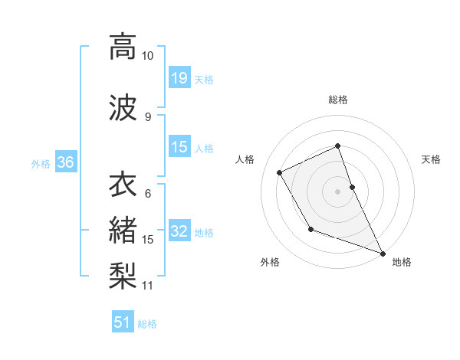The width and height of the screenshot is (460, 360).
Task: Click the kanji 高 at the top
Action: click(123, 47)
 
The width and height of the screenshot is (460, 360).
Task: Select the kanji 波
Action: click(123, 106)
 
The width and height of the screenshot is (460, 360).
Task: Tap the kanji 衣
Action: click(123, 186)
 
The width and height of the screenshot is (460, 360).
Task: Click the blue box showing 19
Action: click(179, 77)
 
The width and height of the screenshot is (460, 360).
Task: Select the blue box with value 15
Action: click(179, 147)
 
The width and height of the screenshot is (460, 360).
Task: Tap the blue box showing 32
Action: click(179, 232)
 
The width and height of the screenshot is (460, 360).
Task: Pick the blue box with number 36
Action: click(65, 162)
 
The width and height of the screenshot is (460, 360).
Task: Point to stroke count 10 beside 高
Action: click(148, 56)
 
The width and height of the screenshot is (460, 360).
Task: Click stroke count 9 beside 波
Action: click(148, 116)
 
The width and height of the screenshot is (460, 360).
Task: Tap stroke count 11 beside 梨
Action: click(148, 286)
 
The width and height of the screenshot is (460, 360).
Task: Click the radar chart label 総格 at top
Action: click(338, 100)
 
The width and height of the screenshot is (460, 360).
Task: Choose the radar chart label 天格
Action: click(431, 159)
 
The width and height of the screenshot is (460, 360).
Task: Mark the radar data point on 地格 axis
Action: click(383, 254)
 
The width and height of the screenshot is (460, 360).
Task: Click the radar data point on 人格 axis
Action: click(280, 172)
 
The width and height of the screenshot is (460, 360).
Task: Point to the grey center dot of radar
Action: click(338, 191)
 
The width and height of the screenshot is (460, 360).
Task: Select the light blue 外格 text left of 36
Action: click(41, 163)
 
